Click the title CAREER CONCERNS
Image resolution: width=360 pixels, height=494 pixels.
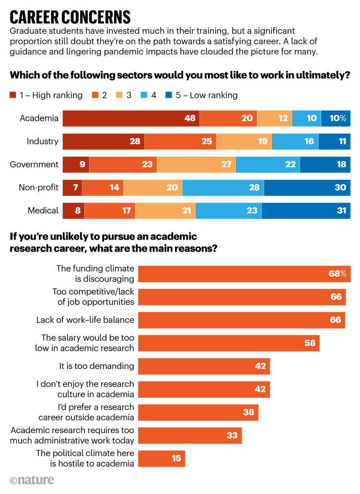pos(70,17)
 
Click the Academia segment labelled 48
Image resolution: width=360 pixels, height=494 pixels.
pos(131,118)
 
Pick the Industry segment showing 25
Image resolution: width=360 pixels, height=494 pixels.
pos(180,141)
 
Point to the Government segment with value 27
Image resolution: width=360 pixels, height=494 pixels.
pos(196,164)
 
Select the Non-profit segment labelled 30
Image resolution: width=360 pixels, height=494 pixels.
pos(307,187)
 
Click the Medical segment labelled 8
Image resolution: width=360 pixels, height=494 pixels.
pos(74,210)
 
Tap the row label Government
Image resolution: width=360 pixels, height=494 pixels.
pos(34,164)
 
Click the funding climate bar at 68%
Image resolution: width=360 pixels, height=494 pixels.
pos(244,274)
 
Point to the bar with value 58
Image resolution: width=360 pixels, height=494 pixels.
pos(229,343)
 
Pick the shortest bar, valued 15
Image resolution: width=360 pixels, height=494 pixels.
pos(162,459)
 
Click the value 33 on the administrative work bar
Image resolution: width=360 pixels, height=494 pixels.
pos(232,436)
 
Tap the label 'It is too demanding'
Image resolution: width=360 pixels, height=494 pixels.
pos(96,366)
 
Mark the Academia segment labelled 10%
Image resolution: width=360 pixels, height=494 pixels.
pos(336,118)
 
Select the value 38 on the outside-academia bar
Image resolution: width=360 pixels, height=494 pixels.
pos(248,413)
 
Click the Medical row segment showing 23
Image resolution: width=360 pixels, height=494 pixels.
pos(228,210)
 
